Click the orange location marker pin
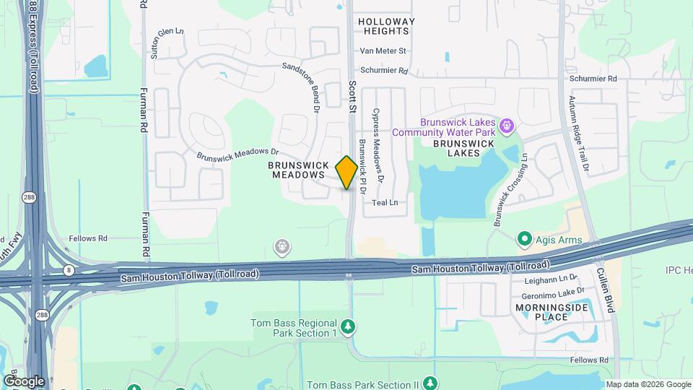tap(346, 173)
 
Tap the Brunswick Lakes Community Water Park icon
tap(507, 127)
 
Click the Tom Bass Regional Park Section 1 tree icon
tap(349, 327)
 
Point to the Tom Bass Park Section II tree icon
tap(430, 382)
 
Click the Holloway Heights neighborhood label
tap(387, 27)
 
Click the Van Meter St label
tap(383, 51)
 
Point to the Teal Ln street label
tap(385, 202)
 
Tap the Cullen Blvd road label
tap(603, 290)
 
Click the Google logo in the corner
tap(24, 381)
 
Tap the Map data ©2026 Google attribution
tap(648, 384)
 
